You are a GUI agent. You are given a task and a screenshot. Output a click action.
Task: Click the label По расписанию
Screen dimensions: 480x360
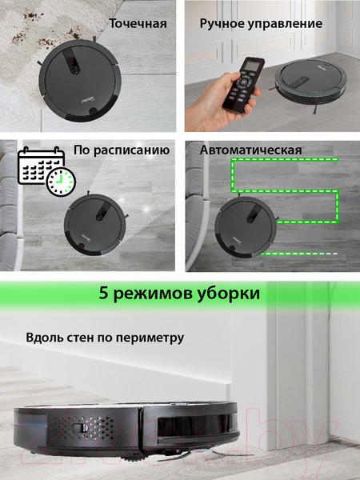pos(122,150)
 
